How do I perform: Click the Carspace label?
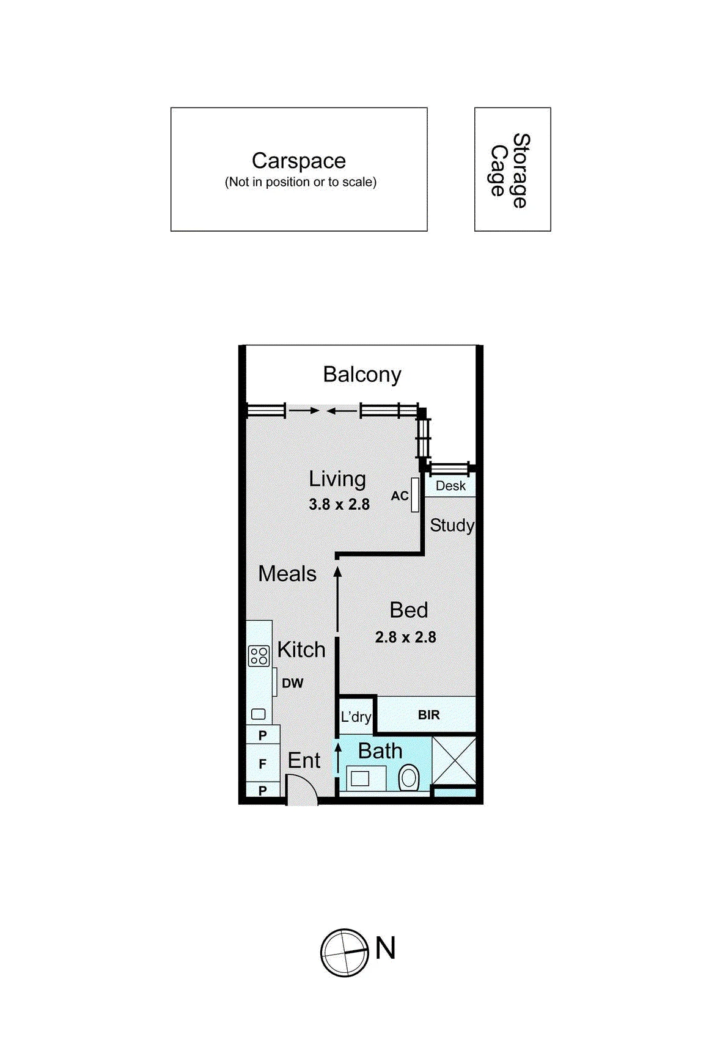coord(299,161)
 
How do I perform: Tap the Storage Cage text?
coord(510,170)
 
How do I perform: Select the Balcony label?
coord(362,375)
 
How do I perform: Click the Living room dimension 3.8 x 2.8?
coord(339,504)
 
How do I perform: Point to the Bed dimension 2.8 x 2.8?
coord(406,637)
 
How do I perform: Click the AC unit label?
coord(400,496)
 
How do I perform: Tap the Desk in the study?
coord(450,486)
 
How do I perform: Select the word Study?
coord(452,526)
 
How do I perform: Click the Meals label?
coord(287,574)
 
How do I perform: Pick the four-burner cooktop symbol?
coord(259,656)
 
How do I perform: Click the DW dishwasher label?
coord(292,683)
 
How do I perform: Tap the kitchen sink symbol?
coord(259,714)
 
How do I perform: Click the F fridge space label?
coord(263,764)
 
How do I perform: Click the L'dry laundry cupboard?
coord(356,716)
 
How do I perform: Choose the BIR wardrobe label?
coord(428,715)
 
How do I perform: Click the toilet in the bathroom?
coord(409,778)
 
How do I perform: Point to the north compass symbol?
coord(345,953)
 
